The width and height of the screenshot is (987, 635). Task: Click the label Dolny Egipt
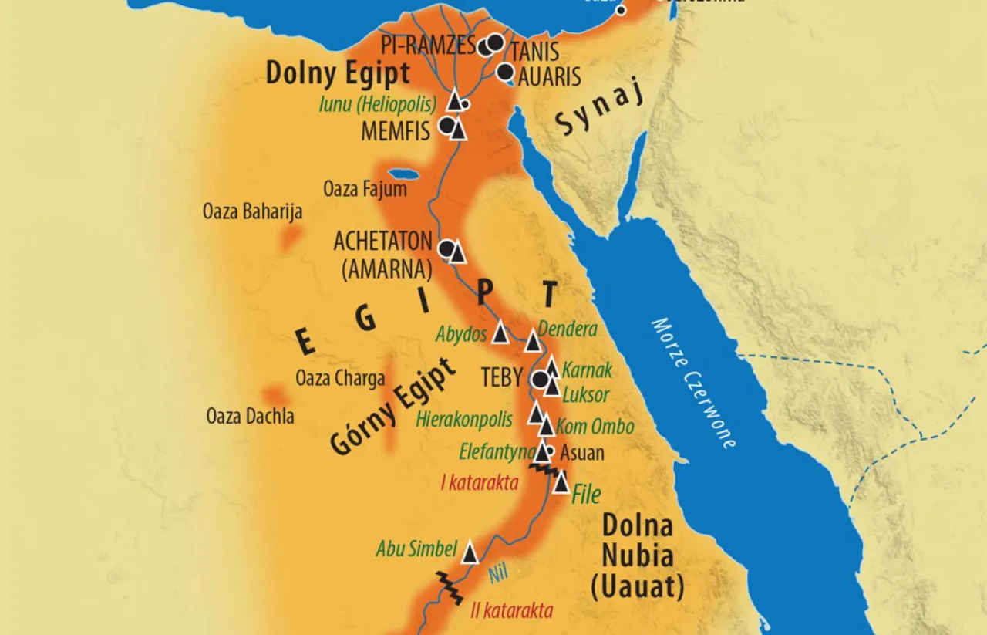pyautogui.click(x=337, y=74)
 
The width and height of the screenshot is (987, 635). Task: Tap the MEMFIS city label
pyautogui.click(x=396, y=132)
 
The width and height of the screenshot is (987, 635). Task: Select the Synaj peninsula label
pyautogui.click(x=590, y=113)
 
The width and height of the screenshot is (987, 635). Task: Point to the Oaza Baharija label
pyautogui.click(x=252, y=211)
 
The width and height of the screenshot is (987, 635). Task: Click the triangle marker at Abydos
pyautogui.click(x=500, y=333)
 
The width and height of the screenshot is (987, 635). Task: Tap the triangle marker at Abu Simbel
pyautogui.click(x=470, y=552)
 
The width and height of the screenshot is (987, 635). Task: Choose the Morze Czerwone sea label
pyautogui.click(x=693, y=383)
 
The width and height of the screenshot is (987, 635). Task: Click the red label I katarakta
pyautogui.click(x=479, y=484)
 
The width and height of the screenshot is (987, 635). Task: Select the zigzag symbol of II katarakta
pyautogui.click(x=448, y=589)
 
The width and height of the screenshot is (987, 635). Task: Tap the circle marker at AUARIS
pyautogui.click(x=505, y=73)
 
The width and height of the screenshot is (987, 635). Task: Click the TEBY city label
pyautogui.click(x=502, y=377)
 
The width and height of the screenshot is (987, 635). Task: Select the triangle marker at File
pyautogui.click(x=561, y=483)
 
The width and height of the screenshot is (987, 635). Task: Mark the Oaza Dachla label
pyautogui.click(x=250, y=417)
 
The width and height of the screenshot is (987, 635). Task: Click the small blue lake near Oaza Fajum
pyautogui.click(x=403, y=174)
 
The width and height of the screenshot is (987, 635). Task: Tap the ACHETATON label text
pyautogui.click(x=382, y=241)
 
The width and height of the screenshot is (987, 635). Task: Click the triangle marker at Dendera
pyautogui.click(x=532, y=343)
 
